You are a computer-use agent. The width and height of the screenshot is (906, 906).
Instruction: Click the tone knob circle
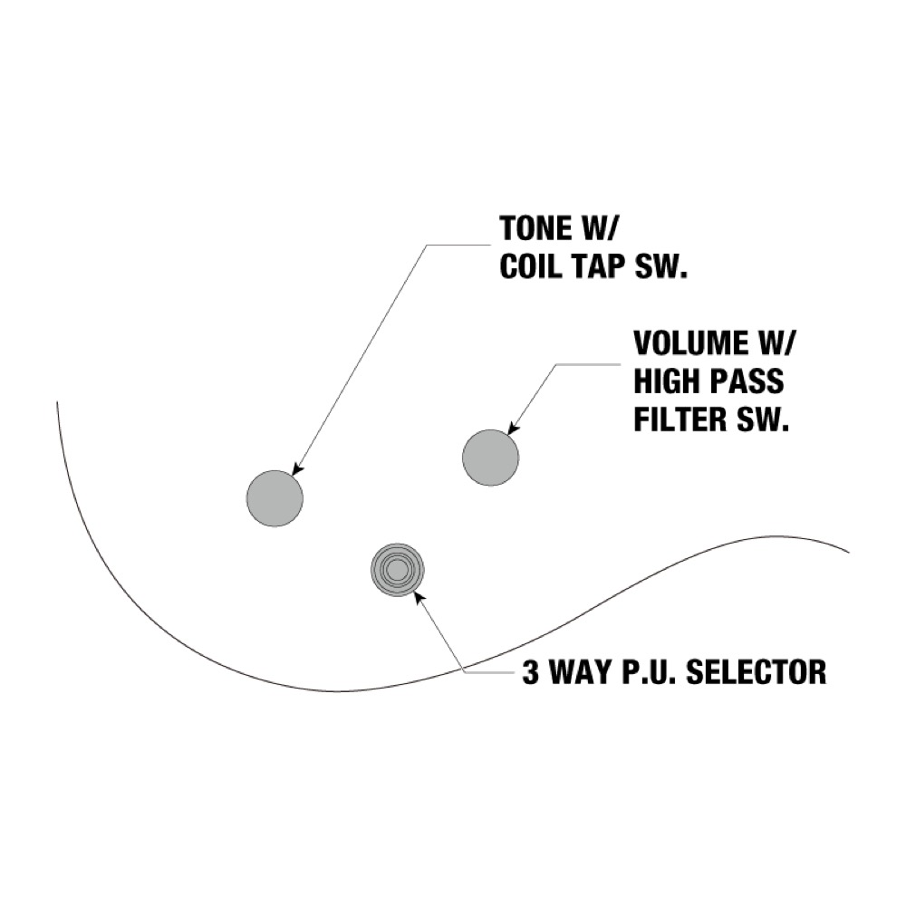(x=275, y=497)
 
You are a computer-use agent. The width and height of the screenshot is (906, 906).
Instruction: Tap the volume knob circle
(x=491, y=457)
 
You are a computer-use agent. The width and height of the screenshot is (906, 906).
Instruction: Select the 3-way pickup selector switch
(x=397, y=570)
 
